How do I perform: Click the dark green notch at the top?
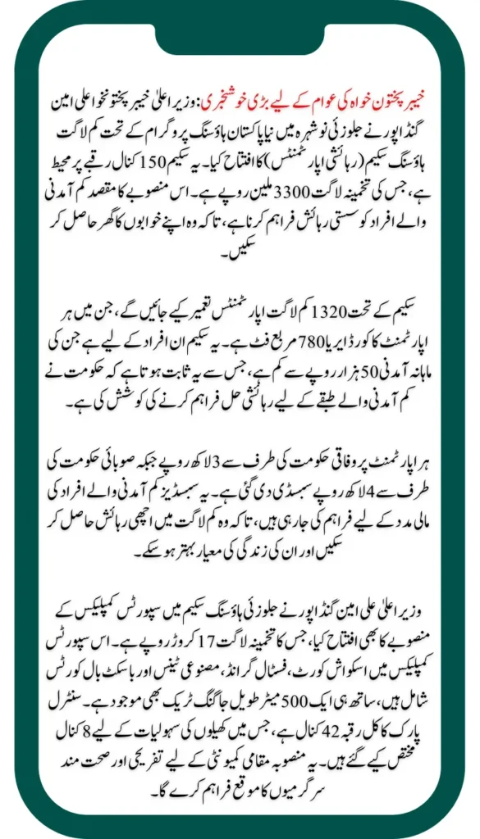coord(240,33)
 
